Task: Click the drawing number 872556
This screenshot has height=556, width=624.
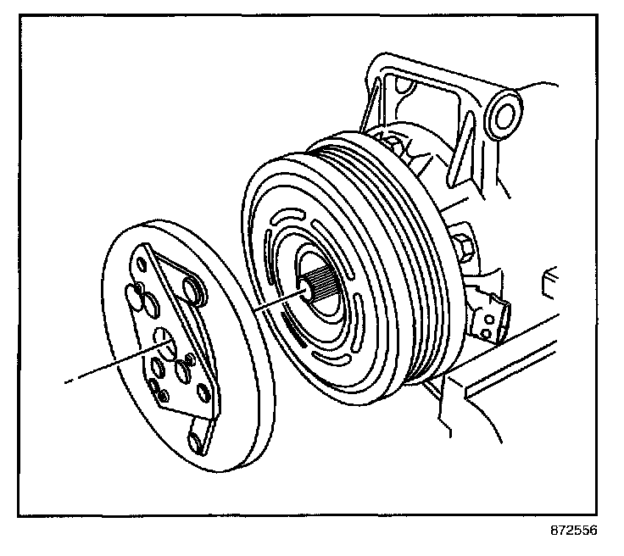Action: [x=573, y=531]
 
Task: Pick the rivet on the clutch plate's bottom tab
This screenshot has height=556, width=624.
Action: [x=196, y=442]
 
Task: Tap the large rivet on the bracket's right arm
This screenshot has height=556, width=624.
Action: [x=194, y=293]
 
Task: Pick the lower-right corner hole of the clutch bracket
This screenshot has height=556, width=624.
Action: [x=204, y=392]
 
